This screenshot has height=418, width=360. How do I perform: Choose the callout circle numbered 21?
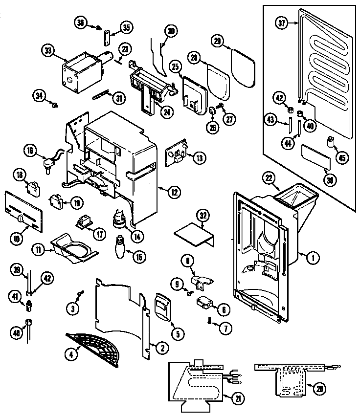click(238, 399)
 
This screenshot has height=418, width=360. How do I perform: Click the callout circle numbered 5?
click(177, 334)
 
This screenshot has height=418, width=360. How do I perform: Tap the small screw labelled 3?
click(80, 293)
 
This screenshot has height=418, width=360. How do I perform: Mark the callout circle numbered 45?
click(342, 157)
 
